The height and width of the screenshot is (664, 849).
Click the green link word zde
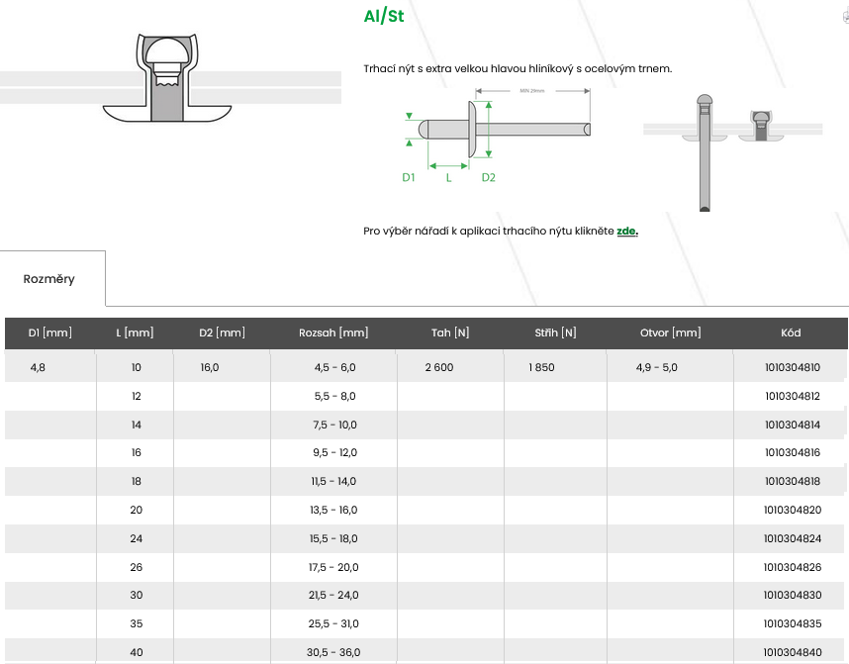(x=627, y=231)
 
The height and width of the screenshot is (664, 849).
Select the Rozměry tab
(x=48, y=279)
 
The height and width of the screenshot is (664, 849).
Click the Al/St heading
(x=384, y=16)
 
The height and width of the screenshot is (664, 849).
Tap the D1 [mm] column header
(x=49, y=332)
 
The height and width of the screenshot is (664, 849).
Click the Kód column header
(x=791, y=332)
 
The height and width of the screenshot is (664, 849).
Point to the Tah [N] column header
(x=450, y=332)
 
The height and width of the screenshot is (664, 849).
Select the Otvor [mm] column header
(x=670, y=332)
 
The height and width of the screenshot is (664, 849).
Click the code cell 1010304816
(x=793, y=452)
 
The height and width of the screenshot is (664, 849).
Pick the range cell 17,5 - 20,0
(x=333, y=567)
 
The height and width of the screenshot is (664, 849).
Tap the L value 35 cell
(x=137, y=623)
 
